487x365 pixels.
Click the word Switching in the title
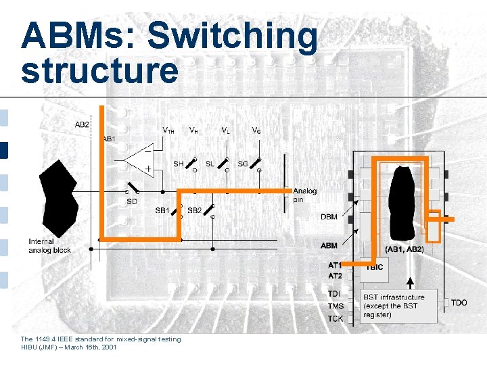coord(232,36)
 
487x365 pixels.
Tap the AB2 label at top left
coord(82,124)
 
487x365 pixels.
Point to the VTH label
coord(168,130)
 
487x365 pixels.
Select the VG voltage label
coord(256,130)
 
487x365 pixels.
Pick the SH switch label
coord(178,164)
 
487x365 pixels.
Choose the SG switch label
coord(242,164)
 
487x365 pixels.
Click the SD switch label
coord(131,201)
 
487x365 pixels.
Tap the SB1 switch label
coord(162,210)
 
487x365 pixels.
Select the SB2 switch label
coord(194,210)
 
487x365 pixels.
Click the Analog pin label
coord(304,195)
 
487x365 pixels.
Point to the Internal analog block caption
coord(49,246)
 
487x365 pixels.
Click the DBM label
coord(329,217)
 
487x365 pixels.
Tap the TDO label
coord(459,302)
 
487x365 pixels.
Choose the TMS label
coord(335,306)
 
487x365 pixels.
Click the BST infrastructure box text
coord(394,306)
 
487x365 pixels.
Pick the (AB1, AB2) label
coord(404,249)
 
